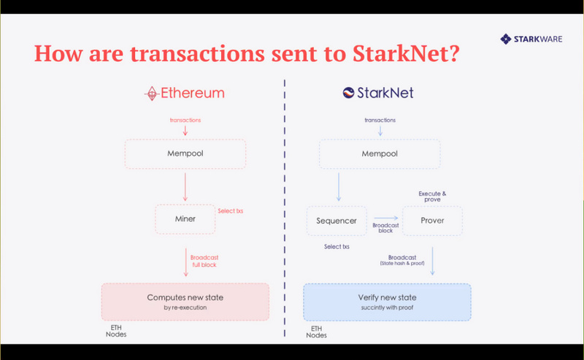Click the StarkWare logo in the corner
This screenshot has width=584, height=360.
pos(531,39)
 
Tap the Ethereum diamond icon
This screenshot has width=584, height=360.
pos(152,93)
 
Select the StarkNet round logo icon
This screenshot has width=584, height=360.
pos(349,93)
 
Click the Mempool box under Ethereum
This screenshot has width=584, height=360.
pos(185,154)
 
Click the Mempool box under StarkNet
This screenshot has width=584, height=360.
pos(380,154)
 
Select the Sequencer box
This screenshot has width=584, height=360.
pos(336,221)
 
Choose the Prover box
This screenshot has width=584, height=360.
pos(432,221)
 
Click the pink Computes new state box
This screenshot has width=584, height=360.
pos(185,302)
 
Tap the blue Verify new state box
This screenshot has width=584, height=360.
pos(387,302)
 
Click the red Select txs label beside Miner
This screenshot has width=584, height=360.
pos(230,211)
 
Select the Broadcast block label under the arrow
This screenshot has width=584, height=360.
pos(385,228)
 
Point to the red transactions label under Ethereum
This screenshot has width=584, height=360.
pos(185,119)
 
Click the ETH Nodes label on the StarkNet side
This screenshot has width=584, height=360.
pos(316,332)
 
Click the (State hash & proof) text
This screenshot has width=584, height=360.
pos(402,263)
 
